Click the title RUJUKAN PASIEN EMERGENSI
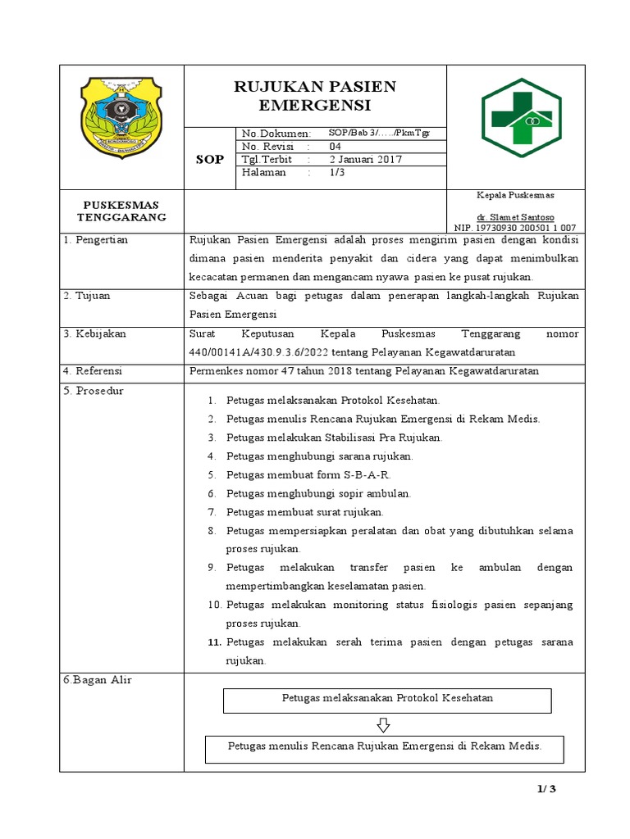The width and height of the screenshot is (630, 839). pyautogui.click(x=315, y=96)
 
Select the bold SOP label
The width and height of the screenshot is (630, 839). pyautogui.click(x=209, y=159)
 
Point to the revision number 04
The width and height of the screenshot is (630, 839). pyautogui.click(x=335, y=146)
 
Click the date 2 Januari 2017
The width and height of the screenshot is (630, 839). pyautogui.click(x=365, y=159)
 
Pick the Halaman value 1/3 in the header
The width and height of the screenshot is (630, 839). pyautogui.click(x=336, y=172)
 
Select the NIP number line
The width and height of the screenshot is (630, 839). pyautogui.click(x=515, y=227)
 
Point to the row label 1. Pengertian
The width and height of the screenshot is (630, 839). pyautogui.click(x=97, y=240)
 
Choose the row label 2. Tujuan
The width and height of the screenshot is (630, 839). pyautogui.click(x=87, y=295)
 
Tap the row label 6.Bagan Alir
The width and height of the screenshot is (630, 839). pyautogui.click(x=98, y=680)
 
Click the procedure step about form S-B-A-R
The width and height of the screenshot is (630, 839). pyautogui.click(x=309, y=474)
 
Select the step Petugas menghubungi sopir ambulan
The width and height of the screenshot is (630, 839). pyautogui.click(x=318, y=493)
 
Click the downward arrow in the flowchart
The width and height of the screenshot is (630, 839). pyautogui.click(x=383, y=725)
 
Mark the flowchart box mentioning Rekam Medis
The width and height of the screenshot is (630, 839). pyautogui.click(x=384, y=747)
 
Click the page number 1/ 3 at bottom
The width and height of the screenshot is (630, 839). pyautogui.click(x=546, y=789)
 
